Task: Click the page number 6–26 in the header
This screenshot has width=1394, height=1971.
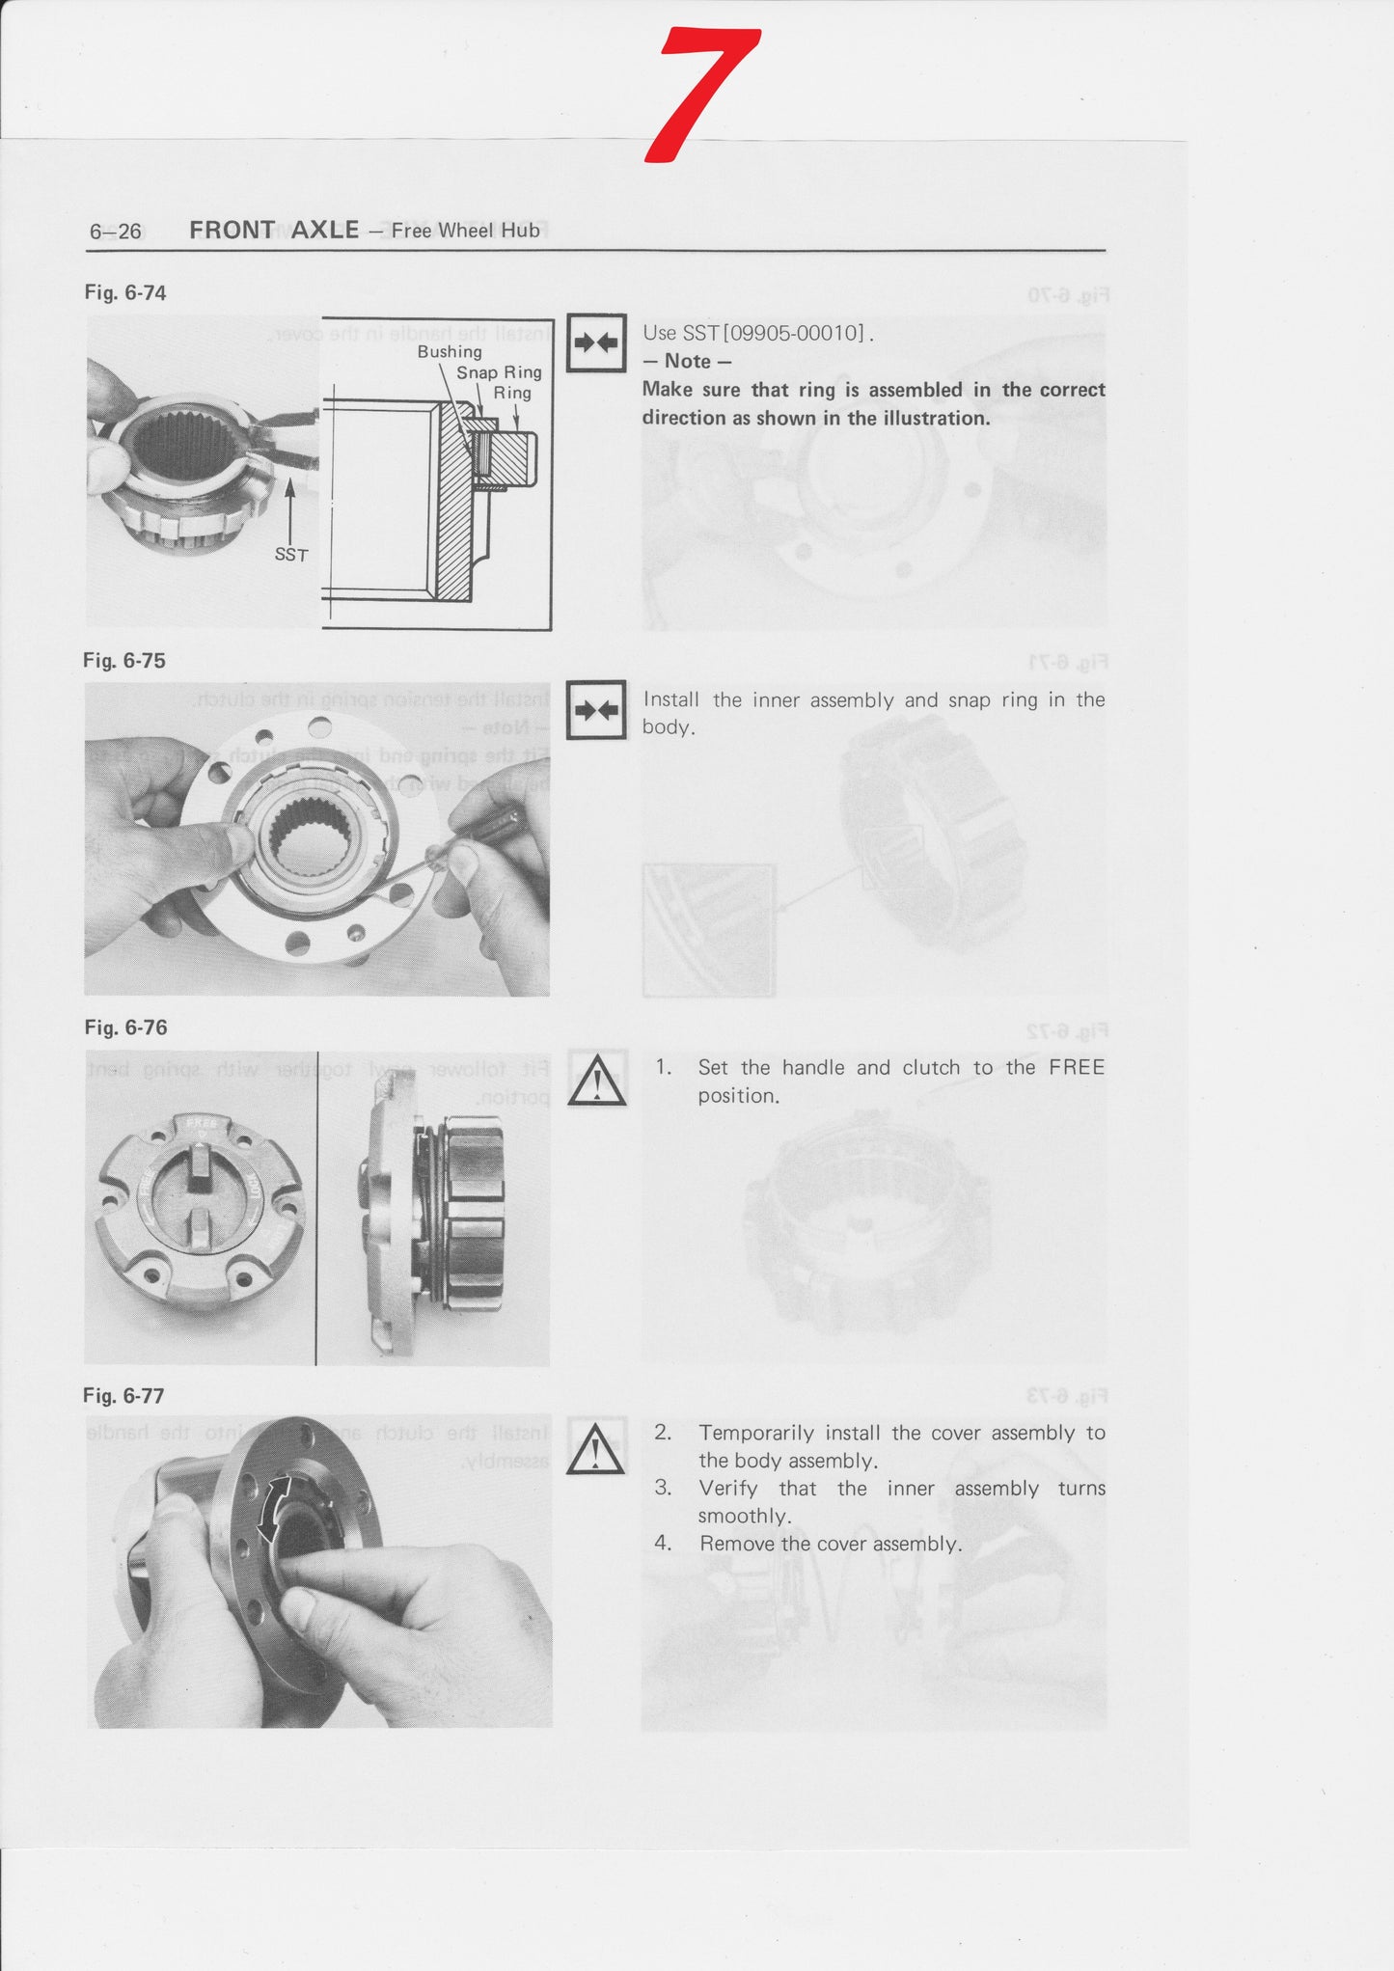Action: [115, 232]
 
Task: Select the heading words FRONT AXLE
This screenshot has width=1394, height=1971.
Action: [274, 230]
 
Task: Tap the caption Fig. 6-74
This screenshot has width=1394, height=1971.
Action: [125, 293]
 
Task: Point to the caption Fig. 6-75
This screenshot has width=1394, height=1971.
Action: [124, 661]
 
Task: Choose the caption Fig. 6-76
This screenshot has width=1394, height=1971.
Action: [125, 1028]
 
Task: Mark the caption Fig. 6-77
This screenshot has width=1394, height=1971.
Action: [123, 1396]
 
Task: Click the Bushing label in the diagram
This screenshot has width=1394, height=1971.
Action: [450, 352]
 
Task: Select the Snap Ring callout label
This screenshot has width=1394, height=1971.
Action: [499, 372]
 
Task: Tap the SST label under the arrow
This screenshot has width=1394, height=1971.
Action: [290, 555]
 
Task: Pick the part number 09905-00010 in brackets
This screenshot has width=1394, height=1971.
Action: [793, 333]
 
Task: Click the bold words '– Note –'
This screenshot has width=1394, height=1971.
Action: [687, 361]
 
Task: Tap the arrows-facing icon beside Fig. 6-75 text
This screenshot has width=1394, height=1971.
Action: [596, 710]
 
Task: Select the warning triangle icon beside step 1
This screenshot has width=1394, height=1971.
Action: [597, 1080]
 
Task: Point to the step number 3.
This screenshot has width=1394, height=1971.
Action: [663, 1488]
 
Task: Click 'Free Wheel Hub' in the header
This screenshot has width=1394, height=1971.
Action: [465, 231]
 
